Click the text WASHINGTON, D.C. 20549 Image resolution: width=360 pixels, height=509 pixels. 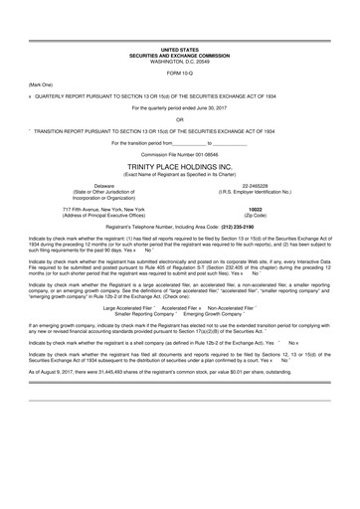179,61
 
